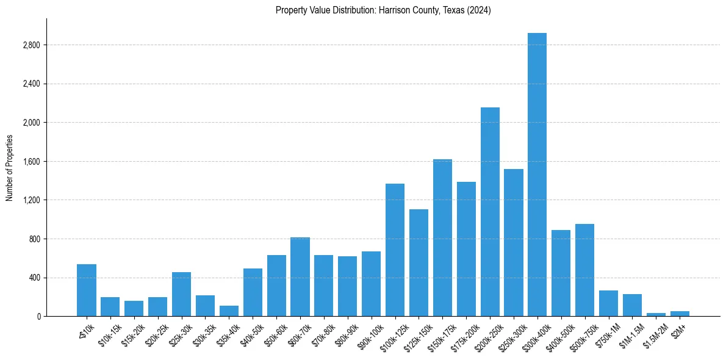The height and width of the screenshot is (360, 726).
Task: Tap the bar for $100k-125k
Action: click(x=395, y=250)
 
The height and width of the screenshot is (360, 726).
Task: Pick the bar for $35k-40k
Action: click(x=229, y=311)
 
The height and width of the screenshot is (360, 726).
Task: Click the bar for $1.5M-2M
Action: click(x=656, y=314)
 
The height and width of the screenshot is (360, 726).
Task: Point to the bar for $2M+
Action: click(x=680, y=314)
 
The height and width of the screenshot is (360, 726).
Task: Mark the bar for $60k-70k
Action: click(x=300, y=277)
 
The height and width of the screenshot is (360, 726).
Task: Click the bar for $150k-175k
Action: click(x=442, y=238)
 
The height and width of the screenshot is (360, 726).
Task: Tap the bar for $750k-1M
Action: click(x=608, y=303)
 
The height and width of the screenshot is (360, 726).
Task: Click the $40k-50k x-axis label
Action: click(x=251, y=334)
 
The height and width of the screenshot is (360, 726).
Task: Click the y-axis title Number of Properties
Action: click(x=9, y=168)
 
